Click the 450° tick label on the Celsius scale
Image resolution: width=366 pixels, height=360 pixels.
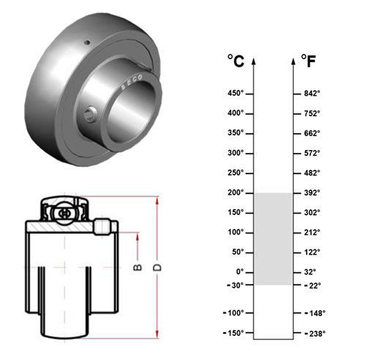[236, 93]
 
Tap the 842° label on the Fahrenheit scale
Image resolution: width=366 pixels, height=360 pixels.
[312, 93]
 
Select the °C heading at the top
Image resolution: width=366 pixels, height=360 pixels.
[236, 61]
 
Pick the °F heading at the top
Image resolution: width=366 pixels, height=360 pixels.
[308, 61]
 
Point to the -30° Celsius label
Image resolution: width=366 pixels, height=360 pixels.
[235, 285]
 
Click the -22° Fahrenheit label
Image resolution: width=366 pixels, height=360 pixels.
[313, 285]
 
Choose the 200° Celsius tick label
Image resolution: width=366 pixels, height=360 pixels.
[236, 192]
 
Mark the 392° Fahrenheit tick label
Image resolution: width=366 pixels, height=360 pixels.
[312, 192]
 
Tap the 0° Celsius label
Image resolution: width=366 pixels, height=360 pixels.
[240, 271]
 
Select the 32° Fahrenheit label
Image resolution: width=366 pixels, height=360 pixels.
[310, 271]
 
